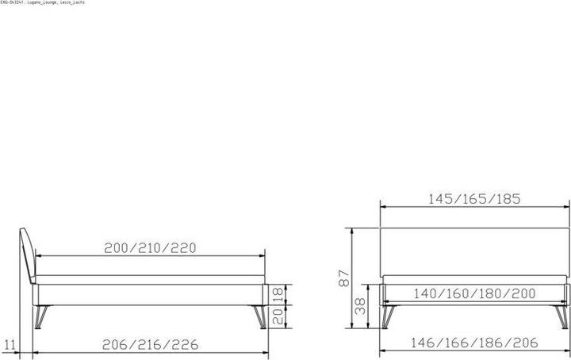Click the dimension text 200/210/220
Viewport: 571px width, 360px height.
150,247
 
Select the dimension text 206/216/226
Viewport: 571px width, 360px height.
150,344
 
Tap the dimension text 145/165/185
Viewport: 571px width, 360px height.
474,199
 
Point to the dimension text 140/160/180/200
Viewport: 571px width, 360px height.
474,293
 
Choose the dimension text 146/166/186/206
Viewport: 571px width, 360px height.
474,343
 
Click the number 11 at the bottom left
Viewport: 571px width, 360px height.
10,344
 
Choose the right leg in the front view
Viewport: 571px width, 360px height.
561,316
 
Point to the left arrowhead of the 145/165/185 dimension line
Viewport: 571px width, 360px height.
383,208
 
